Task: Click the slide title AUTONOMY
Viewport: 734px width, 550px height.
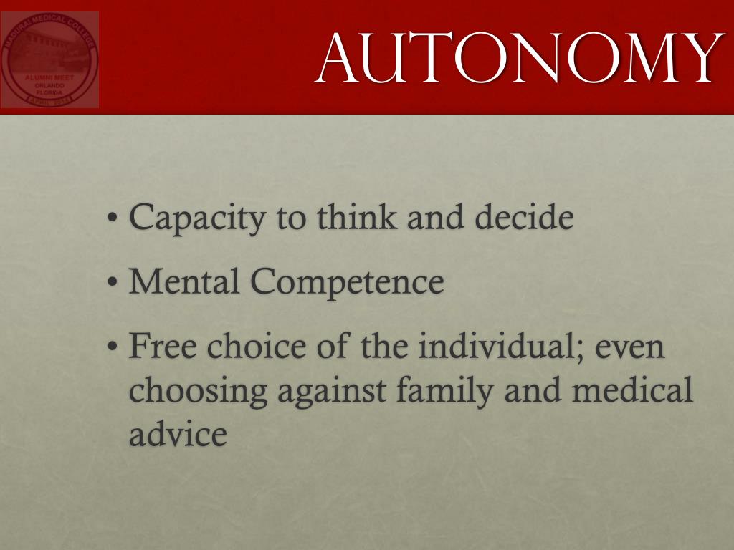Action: pyautogui.click(x=518, y=57)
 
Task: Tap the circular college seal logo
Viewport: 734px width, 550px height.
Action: pyautogui.click(x=49, y=59)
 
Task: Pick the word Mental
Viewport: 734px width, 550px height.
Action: pyautogui.click(x=184, y=281)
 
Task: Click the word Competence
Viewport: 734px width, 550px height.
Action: pyautogui.click(x=347, y=283)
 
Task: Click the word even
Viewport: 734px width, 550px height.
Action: pyautogui.click(x=628, y=348)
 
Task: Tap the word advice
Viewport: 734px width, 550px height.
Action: pyautogui.click(x=178, y=433)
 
